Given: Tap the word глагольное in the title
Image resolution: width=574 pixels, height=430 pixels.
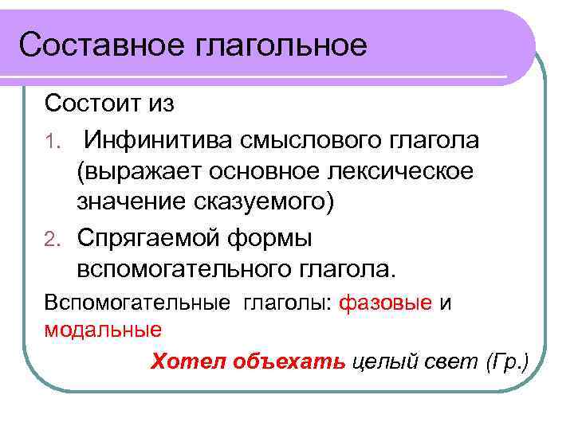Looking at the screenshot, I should pyautogui.click(x=280, y=45).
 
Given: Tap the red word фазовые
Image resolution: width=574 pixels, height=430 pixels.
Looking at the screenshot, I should pyautogui.click(x=386, y=304).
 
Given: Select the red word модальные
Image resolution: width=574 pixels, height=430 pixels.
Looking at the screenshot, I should pyautogui.click(x=103, y=329).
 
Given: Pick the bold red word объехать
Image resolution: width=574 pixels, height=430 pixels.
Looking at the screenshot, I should pyautogui.click(x=289, y=362).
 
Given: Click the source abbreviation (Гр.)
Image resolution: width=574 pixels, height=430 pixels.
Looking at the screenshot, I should pyautogui.click(x=506, y=362).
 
